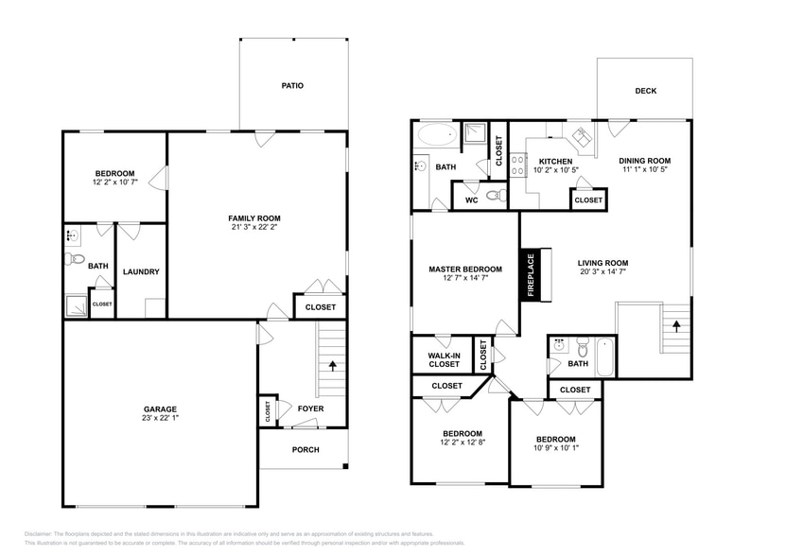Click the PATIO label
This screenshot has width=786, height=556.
pos(292,85)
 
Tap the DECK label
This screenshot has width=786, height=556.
pos(645,91)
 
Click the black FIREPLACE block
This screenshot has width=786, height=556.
pos(531,275)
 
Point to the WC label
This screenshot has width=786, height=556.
pos(470,199)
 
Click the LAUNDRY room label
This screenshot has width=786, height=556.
pos(141,272)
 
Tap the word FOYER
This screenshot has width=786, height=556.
pos(310,409)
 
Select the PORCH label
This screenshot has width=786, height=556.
pos(305,449)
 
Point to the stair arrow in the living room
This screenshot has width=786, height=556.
pos(676,324)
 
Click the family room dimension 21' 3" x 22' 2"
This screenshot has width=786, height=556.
pos(254,227)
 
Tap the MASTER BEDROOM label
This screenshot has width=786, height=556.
pos(464,269)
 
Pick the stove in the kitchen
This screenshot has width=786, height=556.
pos(518,166)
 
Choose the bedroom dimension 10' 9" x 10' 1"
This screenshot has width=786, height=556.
pos(555,450)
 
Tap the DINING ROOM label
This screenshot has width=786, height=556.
pos(645,161)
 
